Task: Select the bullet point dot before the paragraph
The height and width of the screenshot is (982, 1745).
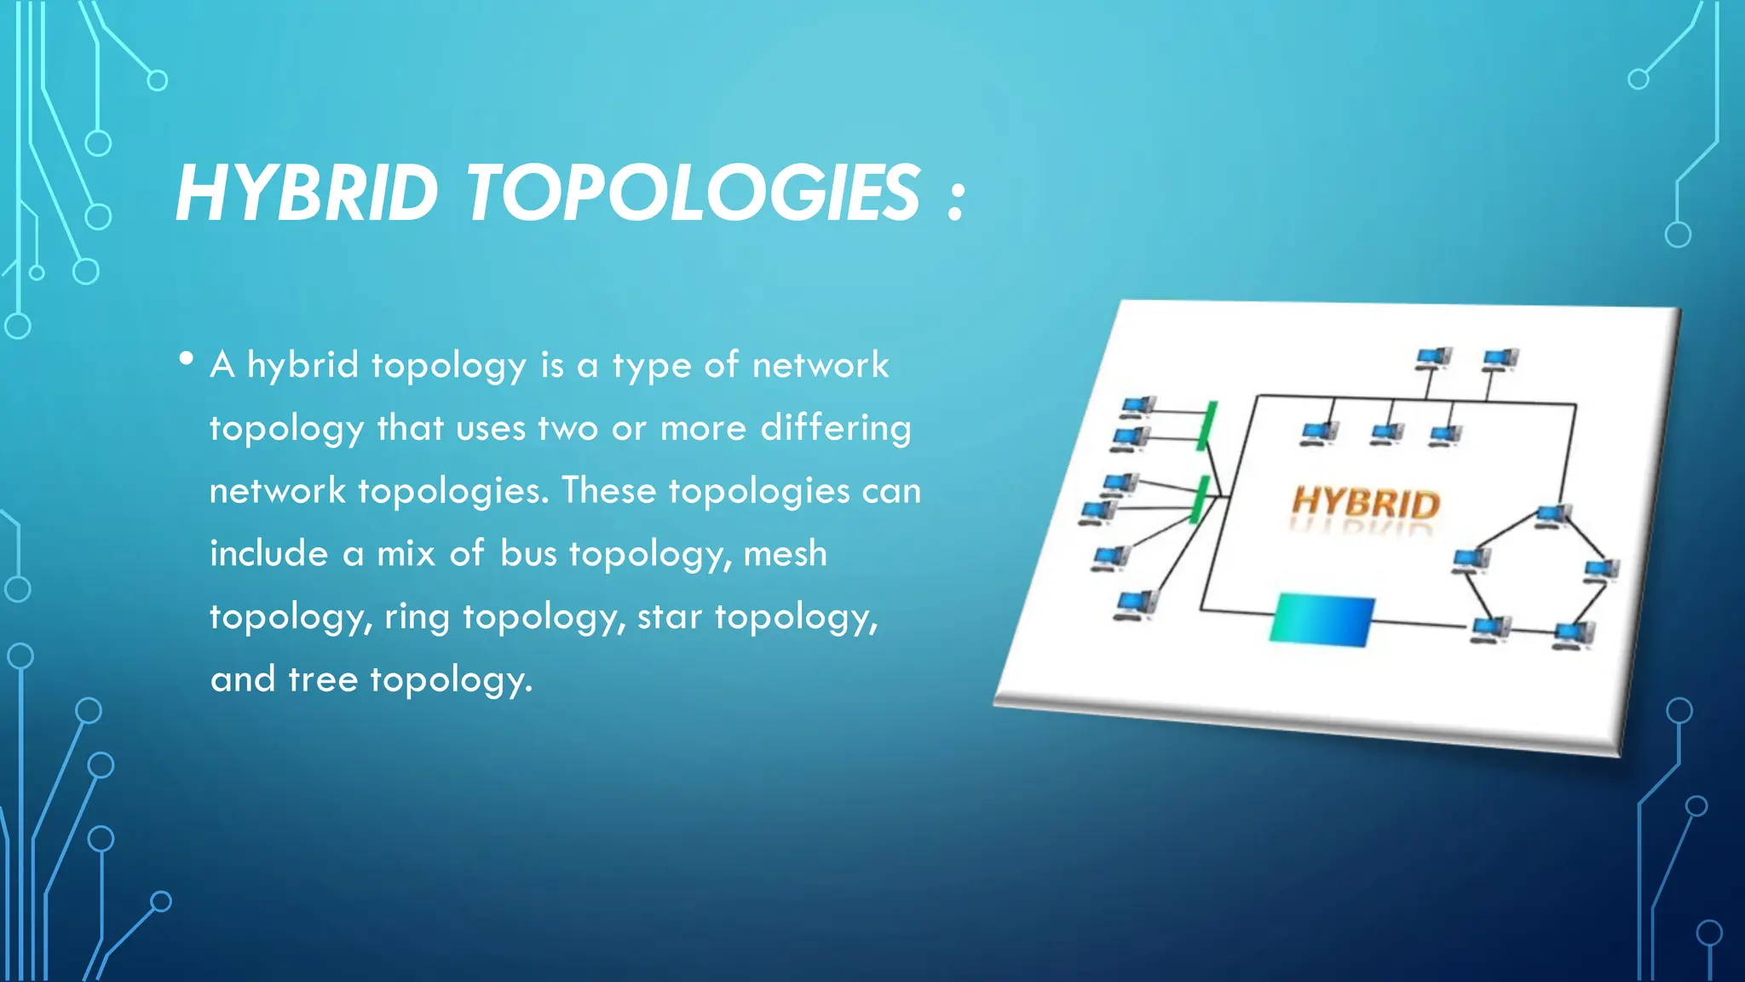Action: [x=187, y=359]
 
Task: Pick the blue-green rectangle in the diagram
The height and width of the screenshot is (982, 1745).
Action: [x=1322, y=619]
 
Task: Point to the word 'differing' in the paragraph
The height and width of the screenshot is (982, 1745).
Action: [x=835, y=428]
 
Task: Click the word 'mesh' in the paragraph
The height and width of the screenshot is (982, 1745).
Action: [x=785, y=554]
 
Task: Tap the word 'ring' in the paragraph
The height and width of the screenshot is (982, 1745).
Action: [x=417, y=617]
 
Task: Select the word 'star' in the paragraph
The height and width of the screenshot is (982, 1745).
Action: [x=669, y=616]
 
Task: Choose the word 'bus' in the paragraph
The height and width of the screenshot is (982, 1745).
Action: [x=528, y=554]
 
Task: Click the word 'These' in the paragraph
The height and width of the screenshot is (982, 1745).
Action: [x=608, y=491]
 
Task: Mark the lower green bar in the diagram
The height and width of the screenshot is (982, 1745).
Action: [x=1200, y=500]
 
